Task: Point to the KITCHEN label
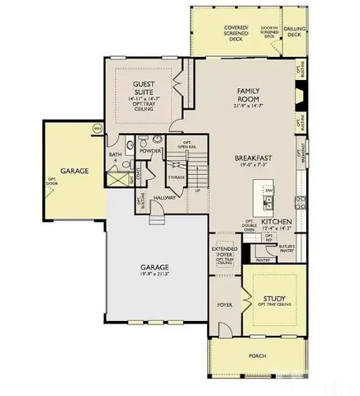[x=277, y=223]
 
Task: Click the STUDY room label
[x=274, y=299]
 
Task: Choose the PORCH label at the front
[x=257, y=357]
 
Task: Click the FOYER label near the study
[x=223, y=304]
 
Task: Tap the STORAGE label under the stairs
[x=176, y=177]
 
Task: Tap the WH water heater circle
[x=97, y=128]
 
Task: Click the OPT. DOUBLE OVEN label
[x=249, y=224]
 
